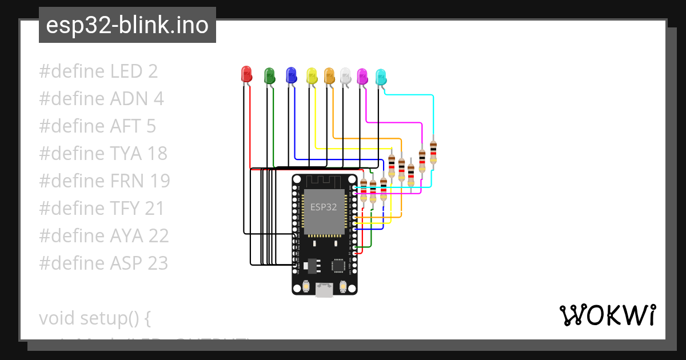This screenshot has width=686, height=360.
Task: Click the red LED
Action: click(x=246, y=74)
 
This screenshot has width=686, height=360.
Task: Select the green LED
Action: click(x=269, y=75)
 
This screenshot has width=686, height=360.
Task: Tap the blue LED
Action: click(x=291, y=74)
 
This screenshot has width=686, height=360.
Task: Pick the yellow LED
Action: click(x=312, y=75)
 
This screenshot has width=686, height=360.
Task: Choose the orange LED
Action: click(x=329, y=75)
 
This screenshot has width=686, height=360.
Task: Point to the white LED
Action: click(x=345, y=75)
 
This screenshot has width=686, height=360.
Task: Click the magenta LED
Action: click(x=362, y=77)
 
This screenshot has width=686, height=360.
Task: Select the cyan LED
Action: click(x=381, y=77)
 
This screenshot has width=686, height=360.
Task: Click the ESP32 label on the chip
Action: click(x=324, y=207)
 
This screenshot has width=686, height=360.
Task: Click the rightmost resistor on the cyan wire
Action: click(x=433, y=152)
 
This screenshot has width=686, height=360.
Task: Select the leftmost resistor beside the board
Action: click(x=364, y=189)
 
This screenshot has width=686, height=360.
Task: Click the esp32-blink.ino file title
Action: click(x=127, y=25)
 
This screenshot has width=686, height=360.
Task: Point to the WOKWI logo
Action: click(x=607, y=315)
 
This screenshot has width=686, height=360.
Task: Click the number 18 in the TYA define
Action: click(x=157, y=154)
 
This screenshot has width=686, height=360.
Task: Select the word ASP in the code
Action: click(x=126, y=263)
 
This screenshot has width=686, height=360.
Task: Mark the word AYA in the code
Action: click(x=126, y=236)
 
